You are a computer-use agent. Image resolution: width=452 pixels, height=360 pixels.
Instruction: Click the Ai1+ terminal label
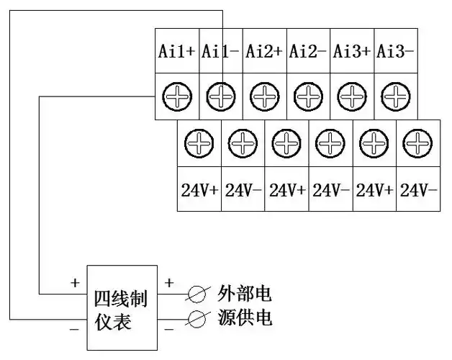coord(176,51)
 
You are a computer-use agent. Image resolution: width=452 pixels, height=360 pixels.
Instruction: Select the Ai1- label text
coord(220,51)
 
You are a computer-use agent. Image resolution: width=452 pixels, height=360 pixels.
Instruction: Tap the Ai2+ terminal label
coord(263,51)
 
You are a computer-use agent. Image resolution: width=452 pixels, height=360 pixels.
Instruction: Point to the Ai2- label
coord(307,51)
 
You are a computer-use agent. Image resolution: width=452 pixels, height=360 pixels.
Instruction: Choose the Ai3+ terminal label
coord(351,51)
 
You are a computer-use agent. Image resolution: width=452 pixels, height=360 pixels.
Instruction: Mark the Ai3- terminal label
coord(395,51)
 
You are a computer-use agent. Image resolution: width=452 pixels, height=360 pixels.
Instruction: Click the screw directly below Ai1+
coord(176,96)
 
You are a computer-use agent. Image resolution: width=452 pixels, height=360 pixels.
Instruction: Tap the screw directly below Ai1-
coord(221,96)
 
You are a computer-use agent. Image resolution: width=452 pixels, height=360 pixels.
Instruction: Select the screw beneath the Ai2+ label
coord(265,96)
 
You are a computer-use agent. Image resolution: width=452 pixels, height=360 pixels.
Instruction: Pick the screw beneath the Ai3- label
coord(395,96)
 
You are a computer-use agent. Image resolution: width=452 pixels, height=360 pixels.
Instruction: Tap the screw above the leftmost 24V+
coord(198,144)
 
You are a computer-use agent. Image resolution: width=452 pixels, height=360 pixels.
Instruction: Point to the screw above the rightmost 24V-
coord(417,144)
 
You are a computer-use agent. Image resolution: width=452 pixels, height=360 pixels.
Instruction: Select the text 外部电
coord(245,294)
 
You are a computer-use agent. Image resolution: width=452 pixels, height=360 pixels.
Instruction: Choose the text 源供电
coord(245,318)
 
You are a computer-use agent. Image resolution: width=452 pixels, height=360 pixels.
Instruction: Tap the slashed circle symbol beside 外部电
coord(196,294)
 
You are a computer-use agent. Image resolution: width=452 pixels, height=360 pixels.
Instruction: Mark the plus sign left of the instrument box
coord(75,283)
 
